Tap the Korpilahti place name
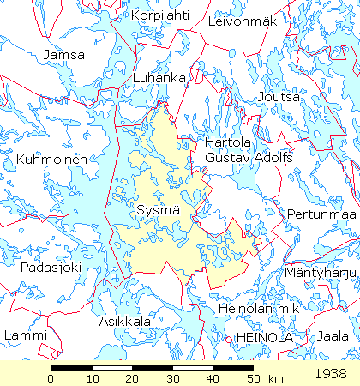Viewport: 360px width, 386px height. [160, 15]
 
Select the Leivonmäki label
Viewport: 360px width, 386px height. [244, 21]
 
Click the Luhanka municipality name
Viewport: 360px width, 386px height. [159, 78]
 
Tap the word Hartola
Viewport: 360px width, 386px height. [226, 142]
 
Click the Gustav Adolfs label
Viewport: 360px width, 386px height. [249, 158]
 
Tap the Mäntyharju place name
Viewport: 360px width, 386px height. [319, 273]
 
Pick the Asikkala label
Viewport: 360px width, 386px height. [125, 321]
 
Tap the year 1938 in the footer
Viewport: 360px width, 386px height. [330, 374]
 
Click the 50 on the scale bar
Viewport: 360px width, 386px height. [252, 378]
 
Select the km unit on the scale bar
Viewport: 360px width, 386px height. [275, 378]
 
